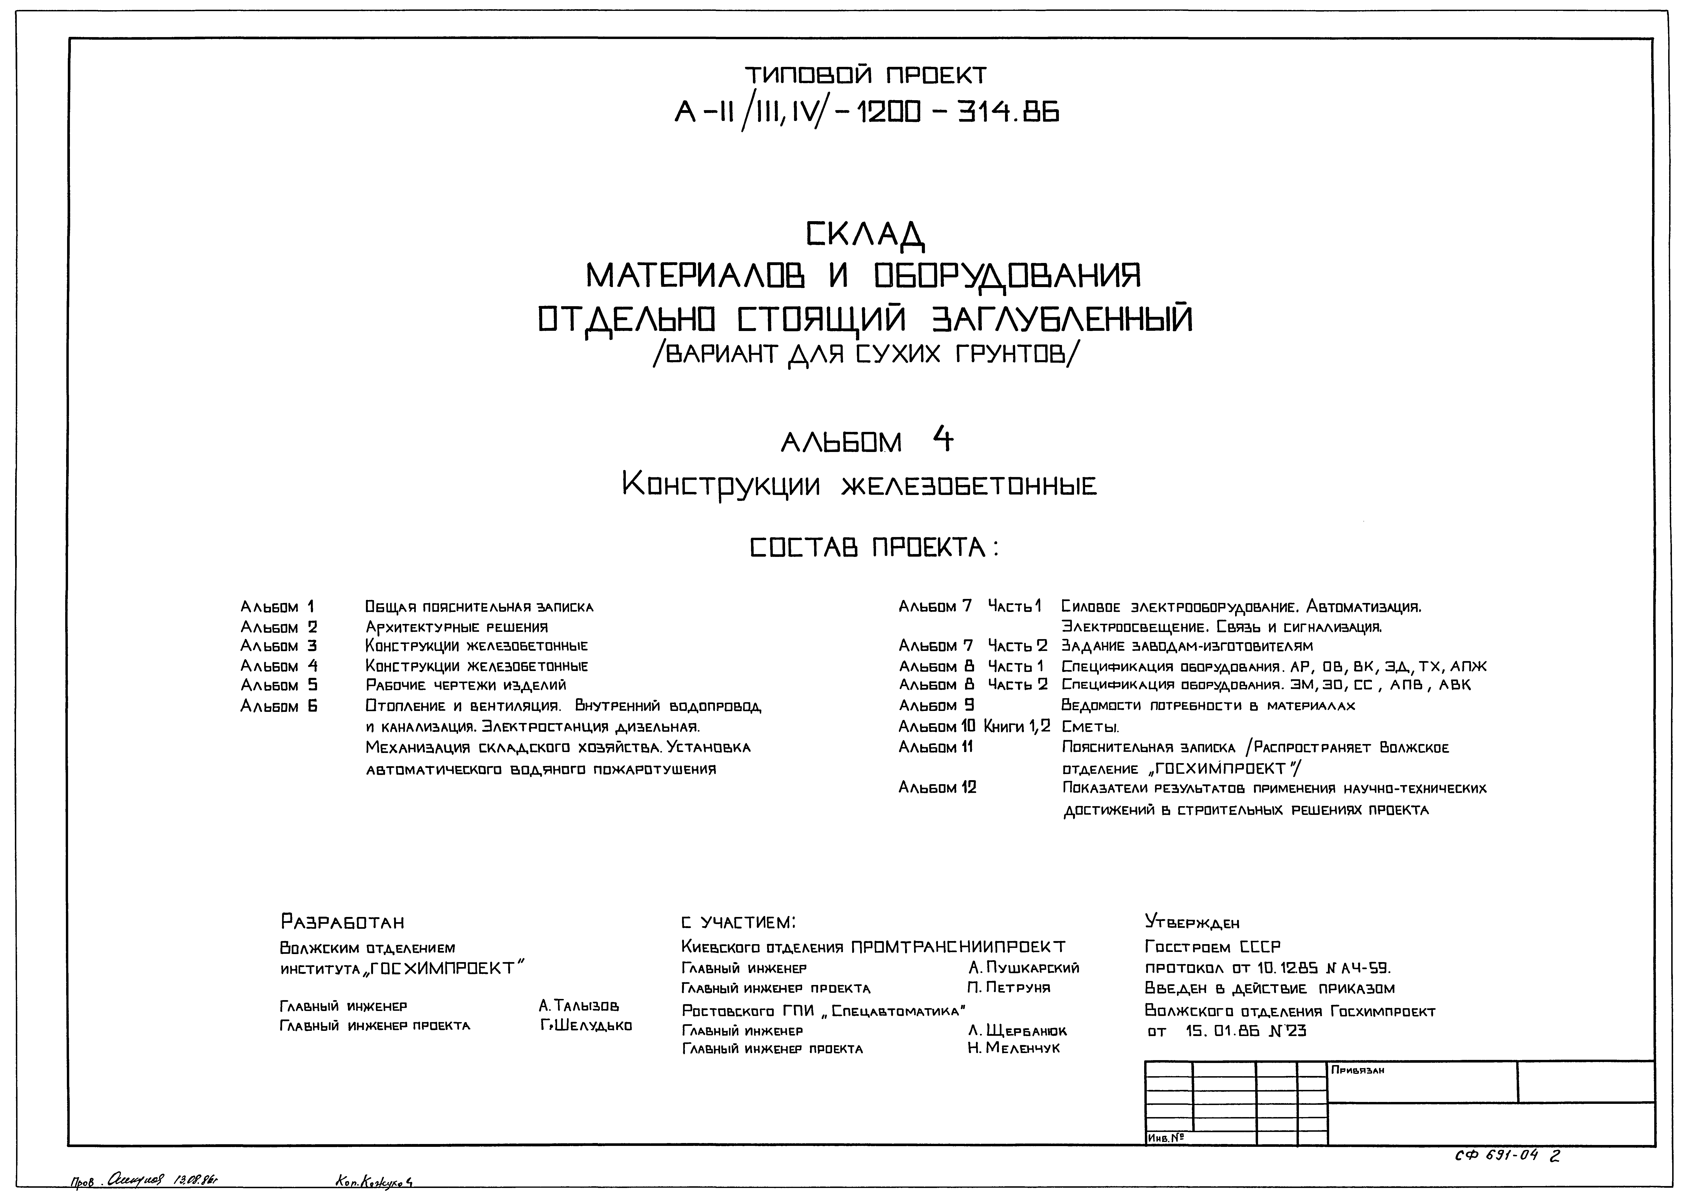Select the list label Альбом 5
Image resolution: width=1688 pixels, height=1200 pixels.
coord(279,686)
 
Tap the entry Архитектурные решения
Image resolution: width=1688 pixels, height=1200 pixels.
coord(456,627)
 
